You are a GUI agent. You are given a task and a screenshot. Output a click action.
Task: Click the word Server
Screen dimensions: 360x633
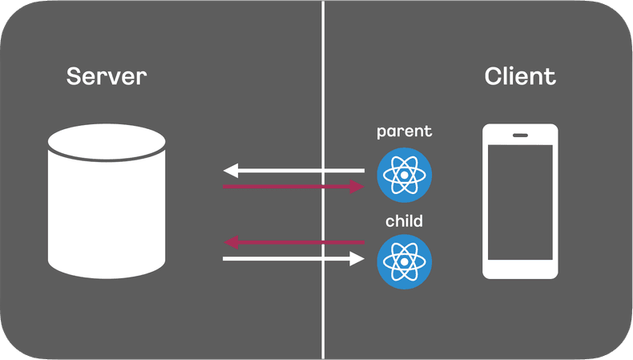click(107, 77)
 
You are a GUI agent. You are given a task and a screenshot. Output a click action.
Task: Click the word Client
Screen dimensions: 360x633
click(520, 77)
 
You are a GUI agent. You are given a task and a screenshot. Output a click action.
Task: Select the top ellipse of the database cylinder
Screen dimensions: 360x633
click(107, 141)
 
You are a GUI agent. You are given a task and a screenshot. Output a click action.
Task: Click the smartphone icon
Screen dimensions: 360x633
click(520, 200)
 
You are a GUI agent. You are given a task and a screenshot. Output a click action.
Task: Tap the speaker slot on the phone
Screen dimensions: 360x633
click(520, 134)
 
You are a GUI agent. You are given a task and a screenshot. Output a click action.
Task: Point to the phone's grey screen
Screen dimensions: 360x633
click(520, 202)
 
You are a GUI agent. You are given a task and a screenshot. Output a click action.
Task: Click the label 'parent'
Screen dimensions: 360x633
click(404, 131)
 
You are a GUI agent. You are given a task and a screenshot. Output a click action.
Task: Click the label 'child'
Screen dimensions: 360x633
click(404, 220)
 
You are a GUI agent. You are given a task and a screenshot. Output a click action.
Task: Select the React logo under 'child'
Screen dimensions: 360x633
click(404, 262)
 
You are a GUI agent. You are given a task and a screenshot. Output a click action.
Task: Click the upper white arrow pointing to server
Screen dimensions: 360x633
click(296, 170)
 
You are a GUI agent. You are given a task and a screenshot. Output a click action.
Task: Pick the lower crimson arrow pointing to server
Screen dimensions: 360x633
click(296, 242)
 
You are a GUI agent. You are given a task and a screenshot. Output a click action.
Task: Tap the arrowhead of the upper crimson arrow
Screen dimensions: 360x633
click(357, 186)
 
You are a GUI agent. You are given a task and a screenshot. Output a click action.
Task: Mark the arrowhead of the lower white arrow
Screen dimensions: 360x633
click(357, 258)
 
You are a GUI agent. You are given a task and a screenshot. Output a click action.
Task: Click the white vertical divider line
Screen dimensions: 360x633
click(324, 80)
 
